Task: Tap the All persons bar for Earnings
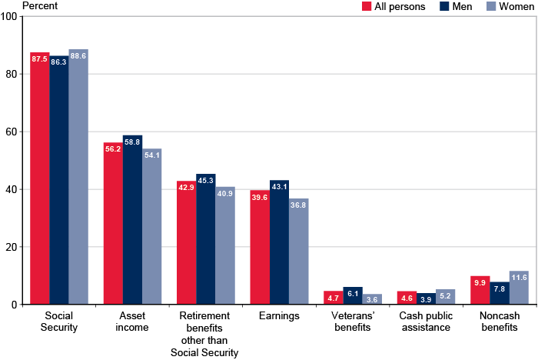pyautogui.click(x=260, y=247)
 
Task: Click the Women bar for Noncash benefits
pyautogui.click(x=518, y=288)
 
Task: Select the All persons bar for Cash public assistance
pyautogui.click(x=407, y=298)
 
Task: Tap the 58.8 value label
pyautogui.click(x=132, y=142)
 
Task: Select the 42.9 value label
pyautogui.click(x=186, y=187)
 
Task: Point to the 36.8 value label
pyautogui.click(x=298, y=205)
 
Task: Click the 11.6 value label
pyautogui.click(x=518, y=278)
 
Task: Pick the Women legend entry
pyautogui.click(x=507, y=7)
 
